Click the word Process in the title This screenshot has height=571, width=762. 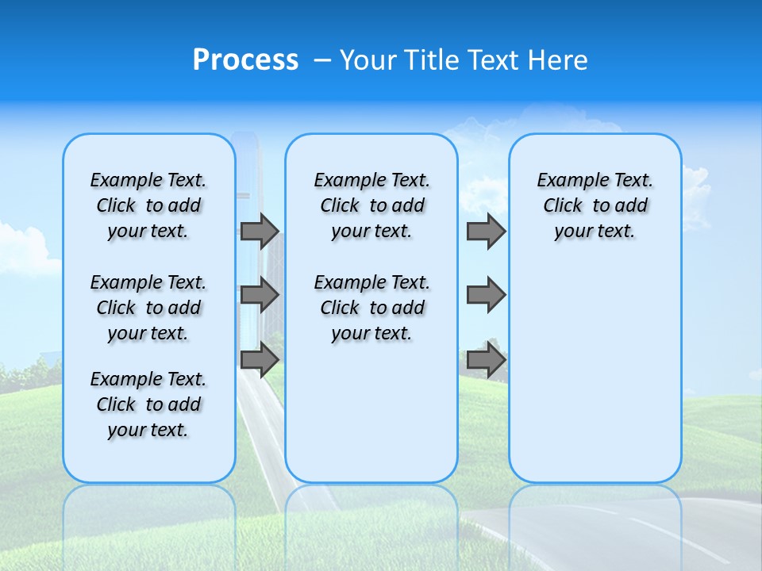(245, 59)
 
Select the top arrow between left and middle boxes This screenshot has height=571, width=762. (260, 231)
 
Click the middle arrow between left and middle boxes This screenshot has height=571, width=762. (260, 295)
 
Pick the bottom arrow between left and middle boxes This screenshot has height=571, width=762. (260, 360)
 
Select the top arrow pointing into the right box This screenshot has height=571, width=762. (486, 231)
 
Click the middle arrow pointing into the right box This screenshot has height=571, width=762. (486, 295)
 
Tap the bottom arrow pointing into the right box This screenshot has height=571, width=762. (486, 360)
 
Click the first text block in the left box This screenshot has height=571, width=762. (148, 205)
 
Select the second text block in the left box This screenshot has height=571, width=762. (148, 308)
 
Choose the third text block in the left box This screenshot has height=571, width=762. (148, 404)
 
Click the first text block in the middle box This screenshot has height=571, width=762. (371, 205)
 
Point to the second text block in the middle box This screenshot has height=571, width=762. (371, 308)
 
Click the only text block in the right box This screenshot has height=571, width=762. (595, 205)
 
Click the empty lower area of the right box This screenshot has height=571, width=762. (595, 373)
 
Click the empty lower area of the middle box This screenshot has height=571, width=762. (371, 412)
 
